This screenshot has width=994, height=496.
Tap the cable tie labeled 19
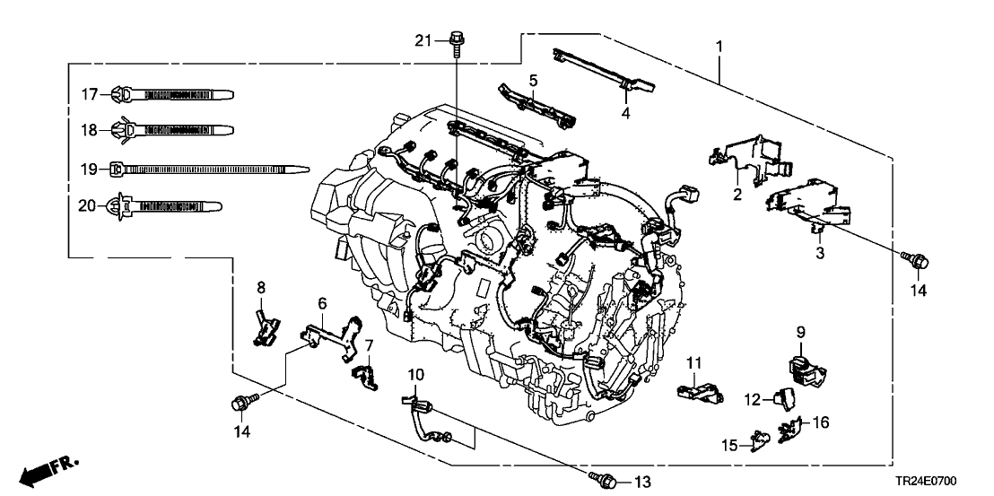pyautogui.click(x=206, y=168)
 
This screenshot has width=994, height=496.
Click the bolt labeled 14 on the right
pyautogui.click(x=916, y=260)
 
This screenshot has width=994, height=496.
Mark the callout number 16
pyautogui.click(x=819, y=421)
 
